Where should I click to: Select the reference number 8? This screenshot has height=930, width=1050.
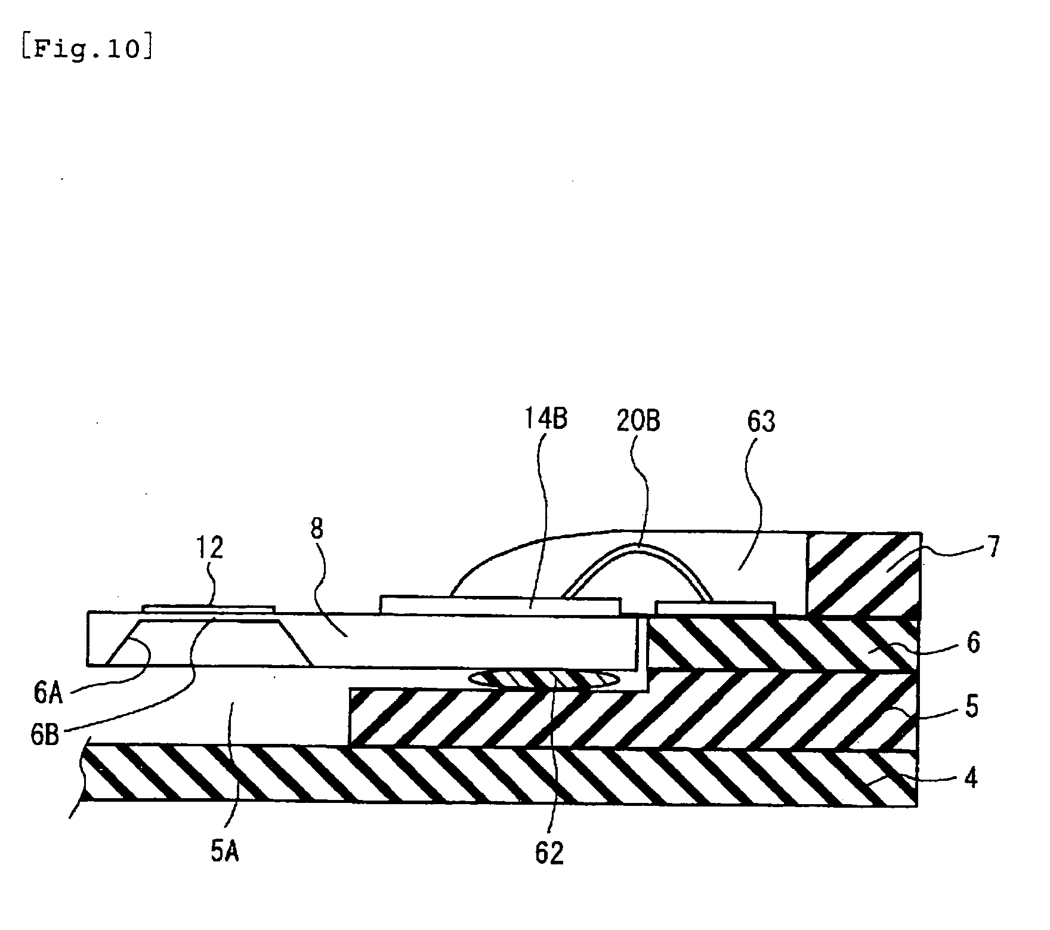point(317,529)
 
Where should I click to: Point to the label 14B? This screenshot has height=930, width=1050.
point(545,419)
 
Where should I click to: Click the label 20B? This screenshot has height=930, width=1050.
point(638,421)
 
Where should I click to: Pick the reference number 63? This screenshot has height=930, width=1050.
point(761,421)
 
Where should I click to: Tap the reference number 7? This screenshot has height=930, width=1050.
point(992,545)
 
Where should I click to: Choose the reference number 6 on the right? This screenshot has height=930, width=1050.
point(973,643)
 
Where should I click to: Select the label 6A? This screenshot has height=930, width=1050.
point(48,694)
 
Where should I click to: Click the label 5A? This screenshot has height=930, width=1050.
point(225,851)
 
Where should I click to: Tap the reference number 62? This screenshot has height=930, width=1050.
point(549,853)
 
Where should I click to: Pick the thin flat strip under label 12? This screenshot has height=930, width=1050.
point(209,608)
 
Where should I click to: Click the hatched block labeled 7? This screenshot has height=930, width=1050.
point(863,574)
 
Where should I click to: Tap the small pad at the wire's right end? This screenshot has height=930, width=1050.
point(715,608)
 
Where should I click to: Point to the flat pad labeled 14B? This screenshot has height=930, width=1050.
point(500,604)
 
